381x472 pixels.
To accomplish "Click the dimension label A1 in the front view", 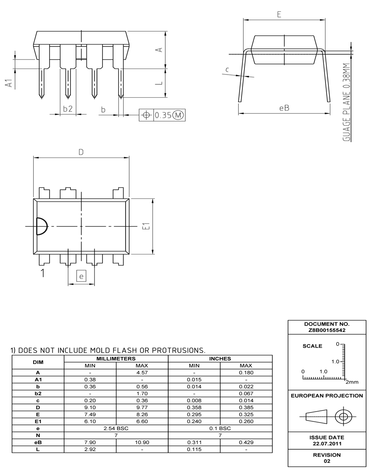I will pyautogui.click(x=8, y=83).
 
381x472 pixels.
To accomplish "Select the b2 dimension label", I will pyautogui.click(x=68, y=109).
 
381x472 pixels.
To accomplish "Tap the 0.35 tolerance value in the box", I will pyautogui.click(x=163, y=115).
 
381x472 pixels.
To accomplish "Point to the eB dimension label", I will pyautogui.click(x=284, y=108).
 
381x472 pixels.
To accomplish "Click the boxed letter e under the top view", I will pyautogui.click(x=81, y=276).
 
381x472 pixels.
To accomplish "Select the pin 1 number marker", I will pyautogui.click(x=43, y=273).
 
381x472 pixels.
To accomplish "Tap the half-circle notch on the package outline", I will pyautogui.click(x=41, y=226).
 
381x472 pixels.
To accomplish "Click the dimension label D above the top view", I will pyautogui.click(x=81, y=152).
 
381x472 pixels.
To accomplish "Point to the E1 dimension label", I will pyautogui.click(x=147, y=226).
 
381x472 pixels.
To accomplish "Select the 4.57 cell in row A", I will pyautogui.click(x=142, y=372).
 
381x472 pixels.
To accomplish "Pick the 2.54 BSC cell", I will pyautogui.click(x=116, y=428).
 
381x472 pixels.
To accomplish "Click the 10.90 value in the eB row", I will pyautogui.click(x=142, y=442).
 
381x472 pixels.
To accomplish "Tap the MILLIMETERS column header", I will pyautogui.click(x=116, y=359).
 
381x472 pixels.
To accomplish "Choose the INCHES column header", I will pyautogui.click(x=220, y=359).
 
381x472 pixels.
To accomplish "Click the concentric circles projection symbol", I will pyautogui.click(x=344, y=416).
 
